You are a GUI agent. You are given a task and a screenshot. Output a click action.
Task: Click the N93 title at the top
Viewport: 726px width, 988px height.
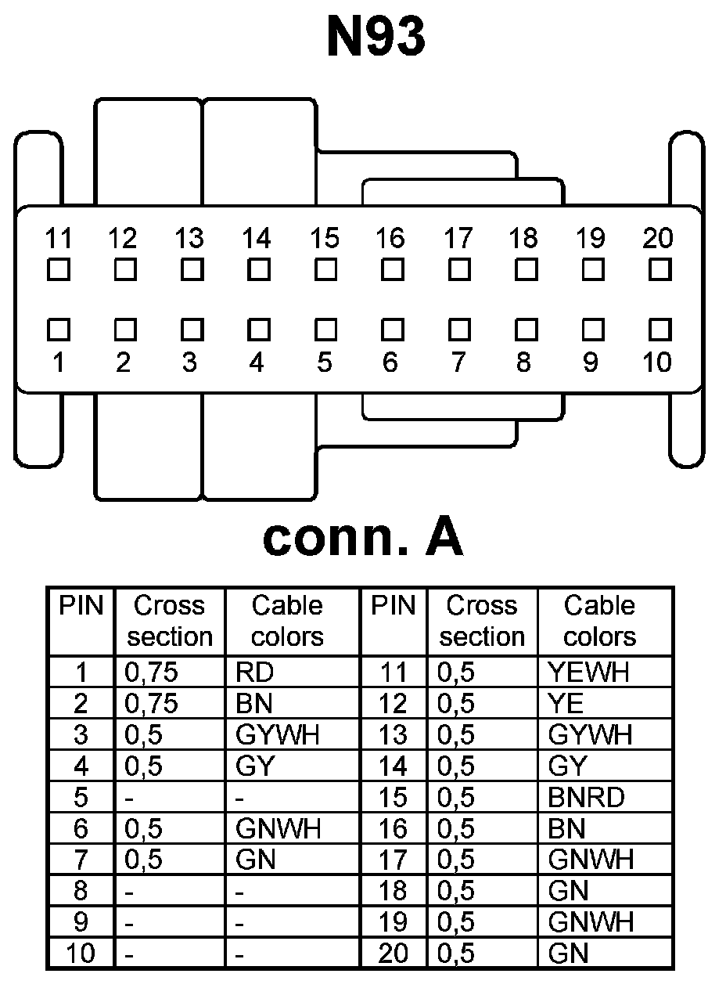(x=376, y=37)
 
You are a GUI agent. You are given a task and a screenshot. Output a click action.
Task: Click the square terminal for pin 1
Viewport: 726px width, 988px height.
(x=58, y=327)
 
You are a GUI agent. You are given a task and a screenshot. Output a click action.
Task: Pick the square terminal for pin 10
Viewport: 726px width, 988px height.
(x=660, y=327)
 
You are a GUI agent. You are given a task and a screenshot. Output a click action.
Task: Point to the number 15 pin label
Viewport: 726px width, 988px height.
(x=325, y=237)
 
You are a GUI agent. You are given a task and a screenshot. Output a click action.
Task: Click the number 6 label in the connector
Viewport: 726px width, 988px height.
(x=390, y=362)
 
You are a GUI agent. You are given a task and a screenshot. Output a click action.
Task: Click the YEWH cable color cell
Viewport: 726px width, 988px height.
(x=589, y=672)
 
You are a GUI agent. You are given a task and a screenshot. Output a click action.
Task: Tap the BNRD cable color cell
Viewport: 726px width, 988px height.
(x=587, y=798)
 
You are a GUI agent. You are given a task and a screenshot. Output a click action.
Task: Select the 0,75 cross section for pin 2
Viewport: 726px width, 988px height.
(x=152, y=704)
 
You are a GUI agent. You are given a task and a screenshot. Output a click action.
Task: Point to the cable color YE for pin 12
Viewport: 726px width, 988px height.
(x=566, y=704)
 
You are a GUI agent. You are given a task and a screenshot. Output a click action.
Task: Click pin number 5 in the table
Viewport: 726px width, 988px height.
(x=81, y=798)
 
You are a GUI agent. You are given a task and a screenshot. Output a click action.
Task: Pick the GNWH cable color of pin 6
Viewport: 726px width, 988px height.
(x=278, y=829)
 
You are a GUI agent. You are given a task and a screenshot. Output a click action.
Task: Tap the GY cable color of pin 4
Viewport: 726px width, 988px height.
(x=254, y=766)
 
